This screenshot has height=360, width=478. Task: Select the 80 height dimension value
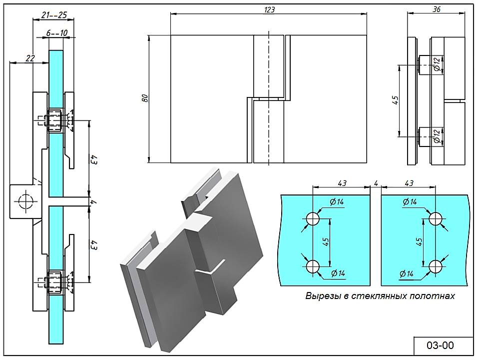click(145, 98)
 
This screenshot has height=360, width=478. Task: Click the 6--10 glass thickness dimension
click(56, 33)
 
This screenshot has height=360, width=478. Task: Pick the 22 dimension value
click(30, 58)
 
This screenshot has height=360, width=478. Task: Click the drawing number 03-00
click(440, 345)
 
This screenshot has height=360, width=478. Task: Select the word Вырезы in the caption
click(320, 296)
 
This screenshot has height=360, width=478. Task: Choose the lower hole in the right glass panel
click(436, 266)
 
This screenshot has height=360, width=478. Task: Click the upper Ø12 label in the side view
click(437, 63)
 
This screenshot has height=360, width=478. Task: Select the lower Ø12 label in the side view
click(437, 135)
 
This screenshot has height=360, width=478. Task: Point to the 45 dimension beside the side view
click(395, 99)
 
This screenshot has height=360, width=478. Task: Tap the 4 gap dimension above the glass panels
click(374, 183)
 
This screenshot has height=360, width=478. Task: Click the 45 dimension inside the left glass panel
click(325, 242)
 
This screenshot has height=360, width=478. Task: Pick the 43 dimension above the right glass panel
click(409, 183)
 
